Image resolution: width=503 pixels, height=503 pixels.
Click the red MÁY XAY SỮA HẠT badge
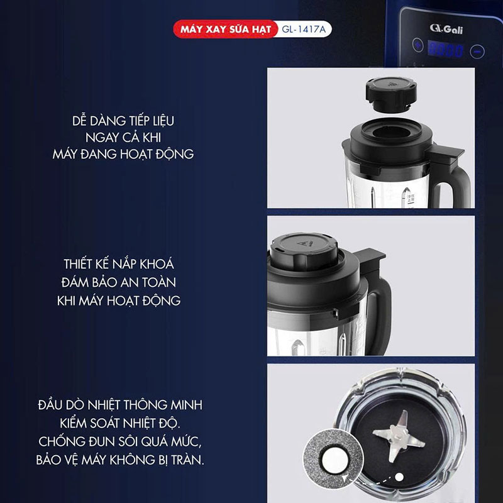226,29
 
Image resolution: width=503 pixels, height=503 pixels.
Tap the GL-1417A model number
304,29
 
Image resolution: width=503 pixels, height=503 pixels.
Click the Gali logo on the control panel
446,29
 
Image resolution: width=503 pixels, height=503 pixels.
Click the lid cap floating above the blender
391,95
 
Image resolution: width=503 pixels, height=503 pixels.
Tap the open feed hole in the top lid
390,131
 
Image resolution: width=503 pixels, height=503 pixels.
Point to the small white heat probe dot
399,477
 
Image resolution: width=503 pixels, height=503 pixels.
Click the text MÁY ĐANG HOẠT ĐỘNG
123,154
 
